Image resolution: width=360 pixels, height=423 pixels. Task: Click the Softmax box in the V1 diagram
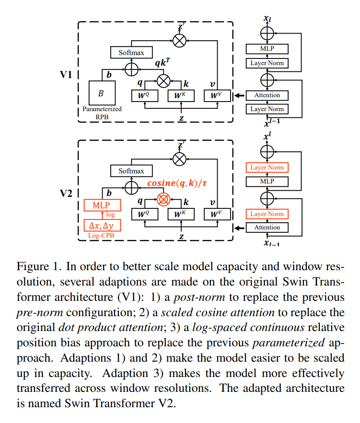pos(131,52)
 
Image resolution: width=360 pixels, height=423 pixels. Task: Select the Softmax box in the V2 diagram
pos(131,171)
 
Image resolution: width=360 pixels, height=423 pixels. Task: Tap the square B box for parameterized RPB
pos(102,93)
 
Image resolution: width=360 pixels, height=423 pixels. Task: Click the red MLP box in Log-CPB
pos(102,206)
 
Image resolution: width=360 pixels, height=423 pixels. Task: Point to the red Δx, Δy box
pos(102,225)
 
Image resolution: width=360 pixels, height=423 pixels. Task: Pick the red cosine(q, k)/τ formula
pos(177,183)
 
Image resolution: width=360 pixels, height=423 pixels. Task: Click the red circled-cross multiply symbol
pos(163,200)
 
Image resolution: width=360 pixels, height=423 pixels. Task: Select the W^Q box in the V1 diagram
pos(145,95)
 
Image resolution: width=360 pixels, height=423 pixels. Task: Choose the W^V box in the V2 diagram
pos(217,214)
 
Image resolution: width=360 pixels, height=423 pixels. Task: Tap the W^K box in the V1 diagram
pos(181,95)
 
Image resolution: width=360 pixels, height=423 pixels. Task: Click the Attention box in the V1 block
pos(267,95)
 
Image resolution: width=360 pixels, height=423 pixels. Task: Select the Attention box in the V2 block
pos(267,228)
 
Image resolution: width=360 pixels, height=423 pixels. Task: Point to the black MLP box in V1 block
pos(267,49)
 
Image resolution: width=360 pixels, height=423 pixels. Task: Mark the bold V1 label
pos(66,75)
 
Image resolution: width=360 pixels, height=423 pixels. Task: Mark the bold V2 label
pos(66,194)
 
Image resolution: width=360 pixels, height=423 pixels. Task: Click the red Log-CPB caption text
pos(101,236)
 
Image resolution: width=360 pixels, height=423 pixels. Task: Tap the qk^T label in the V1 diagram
pos(163,62)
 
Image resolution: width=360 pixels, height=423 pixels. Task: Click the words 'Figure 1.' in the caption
pos(39,266)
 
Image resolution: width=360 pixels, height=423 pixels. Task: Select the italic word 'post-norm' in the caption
pos(199,297)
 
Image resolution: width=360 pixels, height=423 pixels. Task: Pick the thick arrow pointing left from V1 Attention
pos(240,95)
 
